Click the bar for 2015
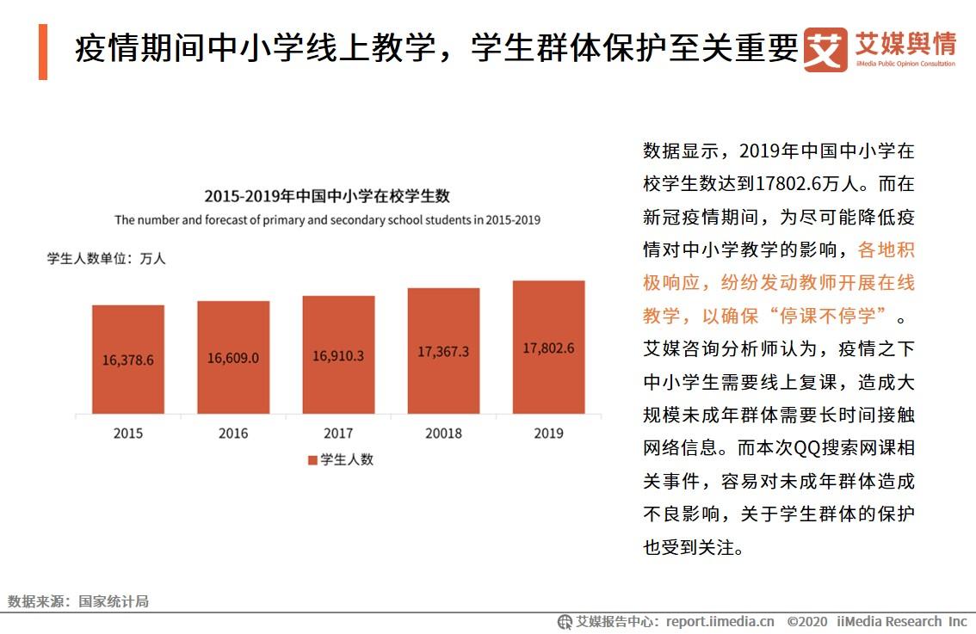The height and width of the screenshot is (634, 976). tap(128, 359)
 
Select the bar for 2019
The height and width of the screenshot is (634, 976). tap(548, 348)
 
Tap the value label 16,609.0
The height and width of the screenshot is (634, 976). tap(233, 359)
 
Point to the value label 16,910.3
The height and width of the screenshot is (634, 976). tap(338, 356)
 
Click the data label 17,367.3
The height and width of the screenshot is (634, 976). tap(443, 352)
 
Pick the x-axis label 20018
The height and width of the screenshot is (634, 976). tap(444, 433)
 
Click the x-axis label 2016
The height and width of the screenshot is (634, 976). tap(233, 433)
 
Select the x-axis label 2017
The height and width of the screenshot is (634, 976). tap(338, 433)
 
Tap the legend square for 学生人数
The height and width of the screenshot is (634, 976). tap(313, 460)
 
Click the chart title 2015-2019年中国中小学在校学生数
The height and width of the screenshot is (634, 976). tap(327, 196)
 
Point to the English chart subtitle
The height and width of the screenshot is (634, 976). tap(327, 219)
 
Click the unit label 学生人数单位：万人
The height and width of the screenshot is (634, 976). tap(107, 258)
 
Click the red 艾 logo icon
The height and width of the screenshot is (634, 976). tap(825, 49)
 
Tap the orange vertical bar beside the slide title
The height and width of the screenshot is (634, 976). tap(43, 52)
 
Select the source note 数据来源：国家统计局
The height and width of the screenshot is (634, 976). tap(78, 601)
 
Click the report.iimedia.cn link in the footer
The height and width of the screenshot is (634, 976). tap(720, 622)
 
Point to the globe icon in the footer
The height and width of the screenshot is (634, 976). tap(565, 622)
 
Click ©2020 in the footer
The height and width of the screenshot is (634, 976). tap(807, 622)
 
